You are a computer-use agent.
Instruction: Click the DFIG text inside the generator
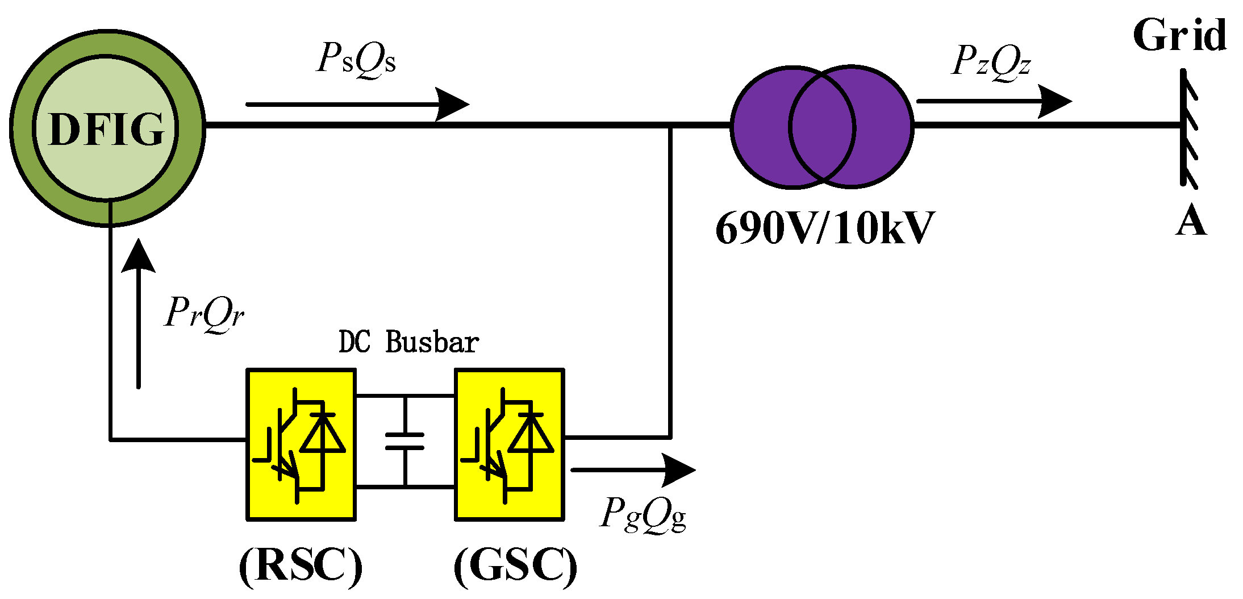[x=106, y=130]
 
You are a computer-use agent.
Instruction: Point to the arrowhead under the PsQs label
[x=453, y=104]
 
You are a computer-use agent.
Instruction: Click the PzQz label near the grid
[x=991, y=61]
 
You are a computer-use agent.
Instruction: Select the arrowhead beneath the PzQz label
[x=1056, y=102]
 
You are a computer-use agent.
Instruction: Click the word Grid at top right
[x=1179, y=35]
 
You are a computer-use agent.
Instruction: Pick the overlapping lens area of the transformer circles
[x=822, y=126]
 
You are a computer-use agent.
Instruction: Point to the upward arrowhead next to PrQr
[x=139, y=256]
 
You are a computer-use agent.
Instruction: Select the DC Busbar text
[x=408, y=342]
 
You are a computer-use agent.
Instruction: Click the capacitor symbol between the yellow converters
[x=404, y=441]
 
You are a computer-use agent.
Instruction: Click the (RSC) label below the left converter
[x=301, y=567]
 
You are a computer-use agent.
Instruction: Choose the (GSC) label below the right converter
[x=515, y=567]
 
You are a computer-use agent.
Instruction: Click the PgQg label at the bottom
[x=643, y=515]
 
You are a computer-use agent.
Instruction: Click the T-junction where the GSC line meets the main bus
[x=670, y=125]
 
